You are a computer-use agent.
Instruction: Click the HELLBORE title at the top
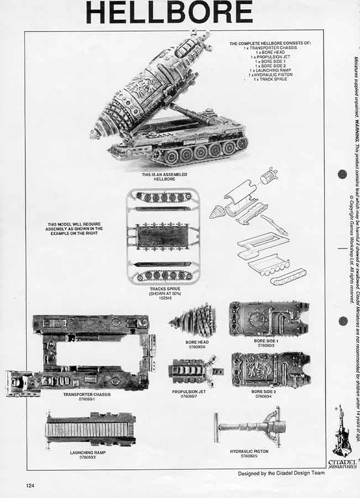tap(169, 12)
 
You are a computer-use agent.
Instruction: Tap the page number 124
tap(30, 485)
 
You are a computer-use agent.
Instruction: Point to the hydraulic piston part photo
tap(251, 427)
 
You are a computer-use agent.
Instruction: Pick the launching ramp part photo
tap(91, 429)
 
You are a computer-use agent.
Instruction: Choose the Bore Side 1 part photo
tap(269, 319)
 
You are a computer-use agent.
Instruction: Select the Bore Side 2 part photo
tap(270, 369)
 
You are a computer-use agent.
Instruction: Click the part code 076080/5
tap(249, 456)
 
